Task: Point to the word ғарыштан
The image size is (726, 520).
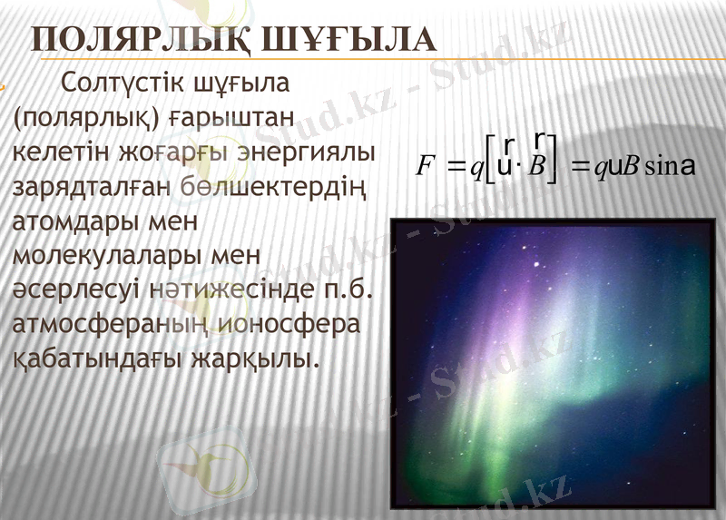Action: [x=234, y=118]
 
